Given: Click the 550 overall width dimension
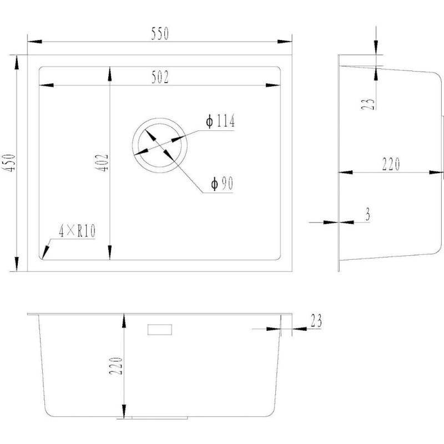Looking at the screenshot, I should pyautogui.click(x=159, y=34).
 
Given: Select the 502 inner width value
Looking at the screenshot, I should pyautogui.click(x=159, y=78).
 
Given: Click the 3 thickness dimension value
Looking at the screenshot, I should pyautogui.click(x=368, y=215).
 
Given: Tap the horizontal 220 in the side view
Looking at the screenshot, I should pyautogui.click(x=391, y=165).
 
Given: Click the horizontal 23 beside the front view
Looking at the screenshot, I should pyautogui.click(x=316, y=320).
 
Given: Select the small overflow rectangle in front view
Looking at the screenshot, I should pyautogui.click(x=160, y=330).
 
